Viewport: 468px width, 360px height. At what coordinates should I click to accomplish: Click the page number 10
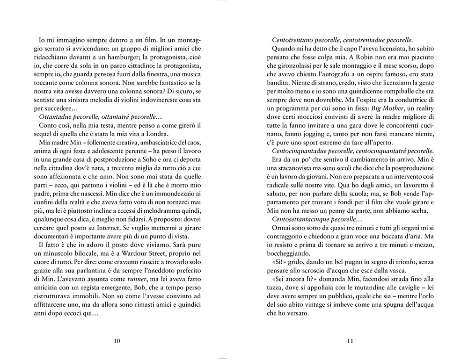[x=117, y=340]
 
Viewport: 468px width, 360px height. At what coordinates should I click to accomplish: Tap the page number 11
[x=350, y=340]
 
